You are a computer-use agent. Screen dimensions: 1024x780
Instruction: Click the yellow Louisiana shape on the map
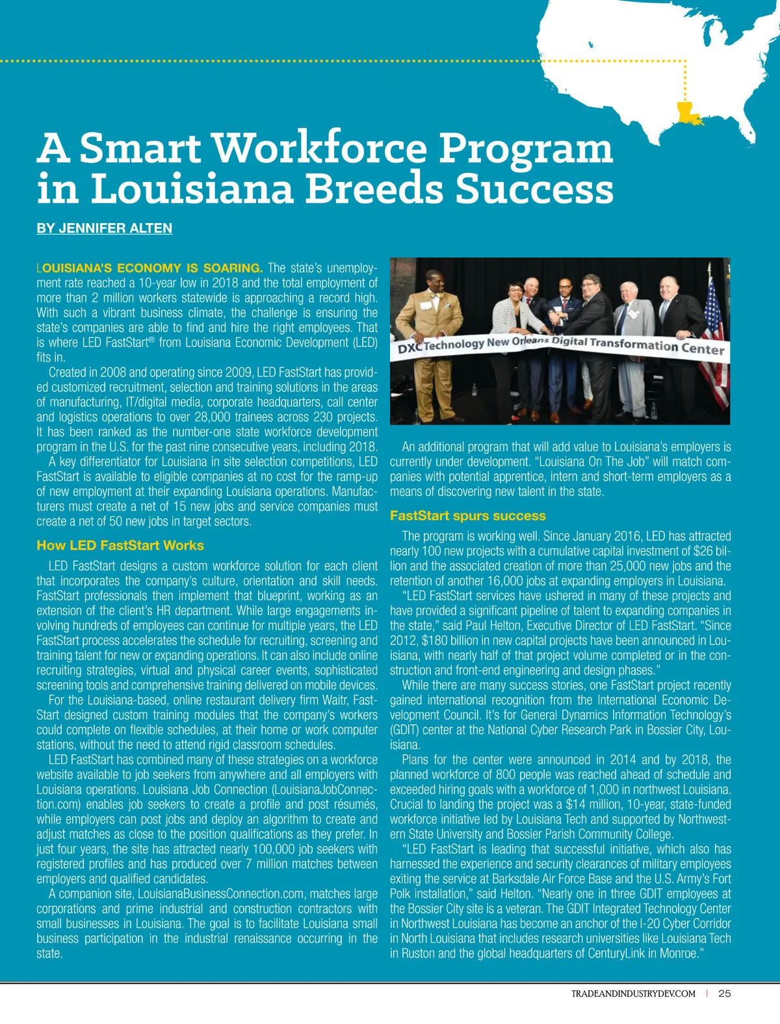[689, 113]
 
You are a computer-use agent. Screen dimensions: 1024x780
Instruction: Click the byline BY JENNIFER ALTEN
[104, 228]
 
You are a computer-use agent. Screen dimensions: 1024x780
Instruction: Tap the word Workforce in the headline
[319, 148]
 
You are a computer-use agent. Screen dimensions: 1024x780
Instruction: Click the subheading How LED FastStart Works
[120, 545]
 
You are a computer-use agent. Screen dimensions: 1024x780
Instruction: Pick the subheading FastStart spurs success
[467, 516]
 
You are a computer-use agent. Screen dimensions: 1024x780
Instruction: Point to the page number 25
[725, 993]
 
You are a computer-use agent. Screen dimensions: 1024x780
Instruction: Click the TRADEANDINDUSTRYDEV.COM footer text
[633, 993]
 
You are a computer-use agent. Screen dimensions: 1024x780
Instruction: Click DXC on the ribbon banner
[410, 348]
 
